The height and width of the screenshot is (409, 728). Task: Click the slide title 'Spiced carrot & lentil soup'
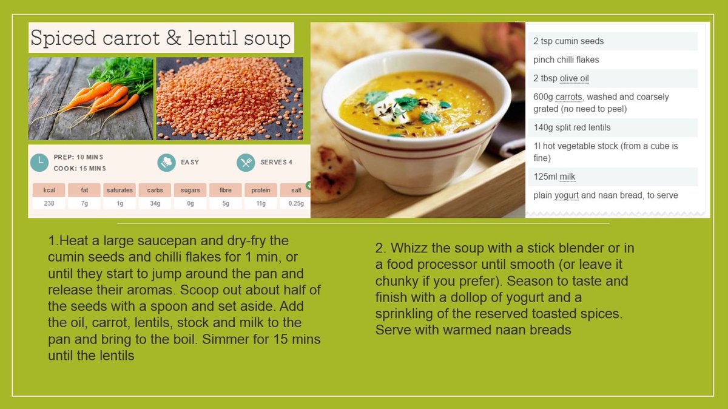pyautogui.click(x=161, y=38)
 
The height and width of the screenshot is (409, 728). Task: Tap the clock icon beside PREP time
pyautogui.click(x=39, y=162)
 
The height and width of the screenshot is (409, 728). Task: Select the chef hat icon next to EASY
pyautogui.click(x=166, y=163)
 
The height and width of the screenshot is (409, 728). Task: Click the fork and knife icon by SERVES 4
pyautogui.click(x=246, y=163)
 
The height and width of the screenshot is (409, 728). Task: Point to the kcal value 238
pyautogui.click(x=49, y=203)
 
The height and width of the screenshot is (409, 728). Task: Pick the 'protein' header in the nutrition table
pyautogui.click(x=261, y=190)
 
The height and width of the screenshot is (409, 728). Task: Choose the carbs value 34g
pyautogui.click(x=155, y=203)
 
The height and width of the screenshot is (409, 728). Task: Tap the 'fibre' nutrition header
pyautogui.click(x=225, y=190)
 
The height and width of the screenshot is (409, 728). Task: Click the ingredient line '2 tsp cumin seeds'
pyautogui.click(x=568, y=41)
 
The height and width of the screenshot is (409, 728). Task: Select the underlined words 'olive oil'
pyautogui.click(x=574, y=78)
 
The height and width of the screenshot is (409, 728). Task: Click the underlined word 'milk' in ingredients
pyautogui.click(x=567, y=177)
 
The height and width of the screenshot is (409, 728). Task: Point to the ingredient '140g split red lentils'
pyautogui.click(x=572, y=127)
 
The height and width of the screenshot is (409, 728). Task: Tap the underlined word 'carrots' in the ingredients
pyautogui.click(x=569, y=97)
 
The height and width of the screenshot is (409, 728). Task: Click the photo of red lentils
pyautogui.click(x=229, y=98)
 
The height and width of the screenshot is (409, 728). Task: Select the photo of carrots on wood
pyautogui.click(x=90, y=98)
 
